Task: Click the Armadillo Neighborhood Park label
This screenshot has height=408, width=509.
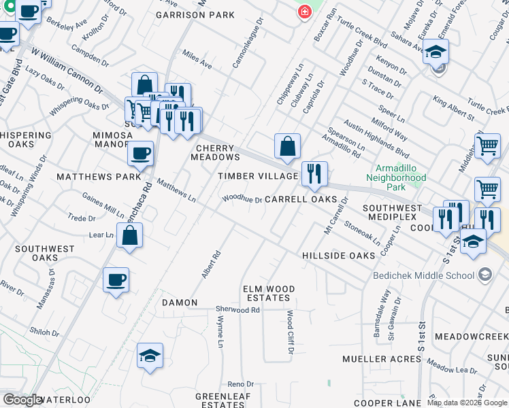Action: click(x=401, y=172)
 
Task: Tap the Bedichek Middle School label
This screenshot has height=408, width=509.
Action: click(x=423, y=275)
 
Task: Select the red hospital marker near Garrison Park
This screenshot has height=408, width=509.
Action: click(x=304, y=12)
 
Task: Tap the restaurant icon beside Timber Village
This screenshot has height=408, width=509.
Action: click(x=314, y=174)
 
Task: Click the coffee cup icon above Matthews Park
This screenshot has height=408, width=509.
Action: click(x=141, y=154)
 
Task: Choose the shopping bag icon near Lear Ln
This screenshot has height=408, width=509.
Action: click(x=130, y=236)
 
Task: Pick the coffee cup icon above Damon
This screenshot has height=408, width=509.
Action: click(x=116, y=279)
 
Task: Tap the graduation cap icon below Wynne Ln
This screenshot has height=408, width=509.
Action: click(x=150, y=356)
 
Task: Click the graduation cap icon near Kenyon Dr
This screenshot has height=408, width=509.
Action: click(x=436, y=51)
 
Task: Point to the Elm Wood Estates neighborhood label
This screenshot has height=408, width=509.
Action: click(x=269, y=294)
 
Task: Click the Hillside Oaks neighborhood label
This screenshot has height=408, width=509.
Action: click(x=339, y=256)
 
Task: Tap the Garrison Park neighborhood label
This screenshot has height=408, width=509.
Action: click(x=195, y=15)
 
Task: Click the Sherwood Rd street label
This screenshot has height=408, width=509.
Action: click(x=238, y=309)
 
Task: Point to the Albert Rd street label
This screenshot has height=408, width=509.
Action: click(x=211, y=265)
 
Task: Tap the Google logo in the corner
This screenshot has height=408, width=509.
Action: click(x=23, y=400)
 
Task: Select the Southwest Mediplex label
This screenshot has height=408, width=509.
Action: click(x=398, y=207)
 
